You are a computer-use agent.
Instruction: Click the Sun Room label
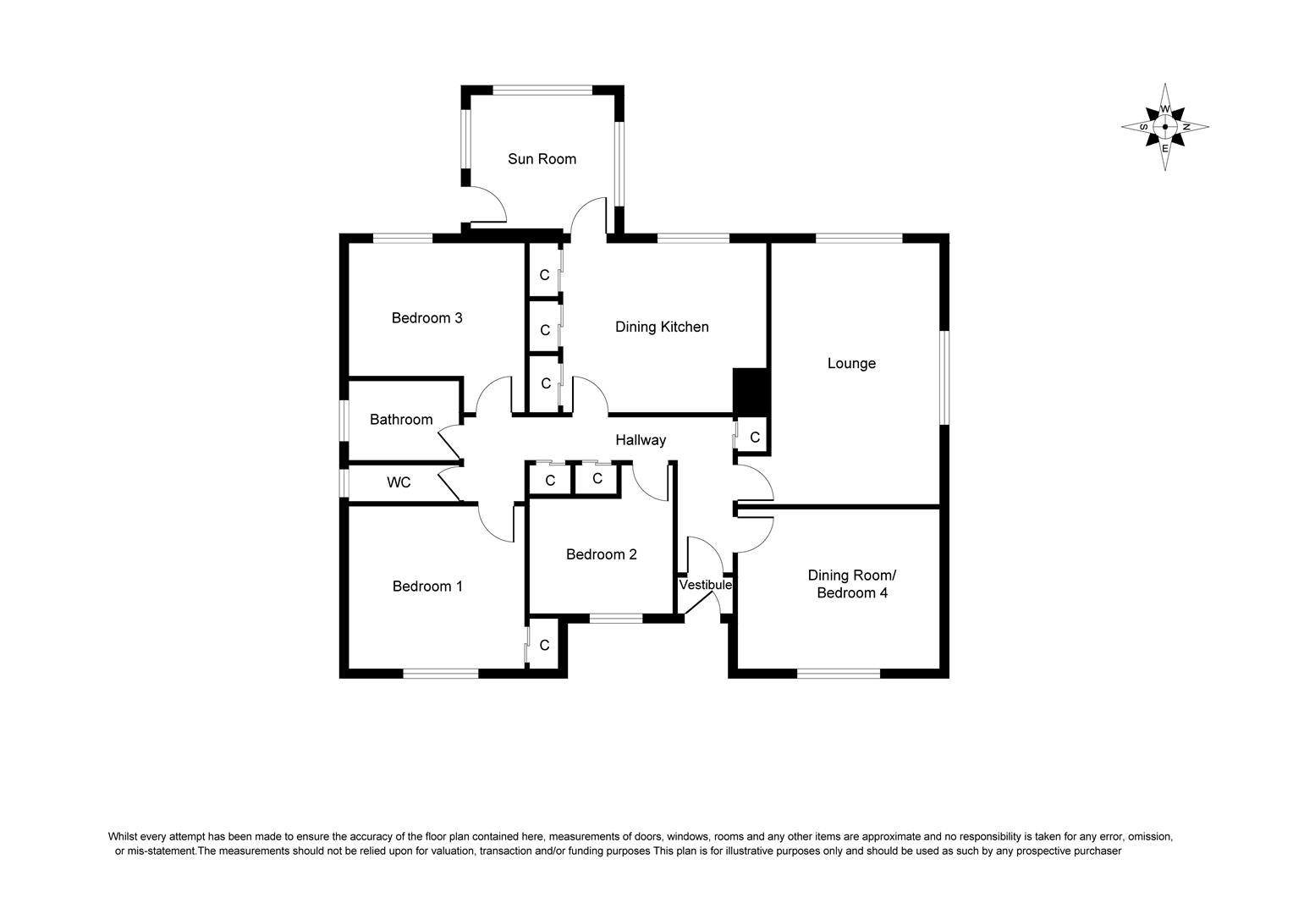[x=542, y=159]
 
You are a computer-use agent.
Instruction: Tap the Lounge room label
[x=851, y=363]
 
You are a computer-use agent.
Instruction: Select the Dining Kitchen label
[x=662, y=327]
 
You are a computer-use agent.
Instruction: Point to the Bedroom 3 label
[x=426, y=318]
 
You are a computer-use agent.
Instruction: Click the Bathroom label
[x=401, y=420]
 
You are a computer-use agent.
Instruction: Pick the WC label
[x=399, y=482]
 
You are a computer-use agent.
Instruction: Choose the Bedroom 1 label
[x=427, y=586]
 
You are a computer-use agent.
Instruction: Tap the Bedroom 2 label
[x=601, y=554]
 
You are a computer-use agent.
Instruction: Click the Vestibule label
[x=705, y=585]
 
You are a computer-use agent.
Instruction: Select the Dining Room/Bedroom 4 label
[x=851, y=584]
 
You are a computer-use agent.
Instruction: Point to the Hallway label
[x=641, y=440]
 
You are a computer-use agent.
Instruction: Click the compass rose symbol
[x=1165, y=127]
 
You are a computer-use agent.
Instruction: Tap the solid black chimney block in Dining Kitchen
[x=749, y=390]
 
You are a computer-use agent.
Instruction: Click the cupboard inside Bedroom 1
[x=544, y=645]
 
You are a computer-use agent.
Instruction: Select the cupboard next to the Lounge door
[x=754, y=438]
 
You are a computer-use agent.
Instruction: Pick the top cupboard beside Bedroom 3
[x=545, y=275]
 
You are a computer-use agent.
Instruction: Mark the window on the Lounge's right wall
[x=944, y=376]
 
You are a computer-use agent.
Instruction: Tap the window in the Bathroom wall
[x=344, y=420]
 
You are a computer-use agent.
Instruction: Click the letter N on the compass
[x=1186, y=127]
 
